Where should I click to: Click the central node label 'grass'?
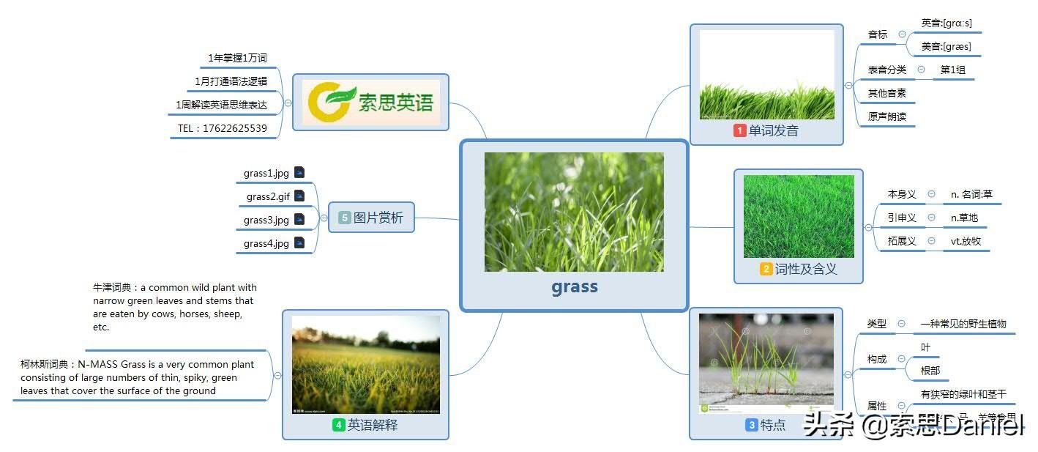point(575,286)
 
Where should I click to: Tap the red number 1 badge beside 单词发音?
point(740,130)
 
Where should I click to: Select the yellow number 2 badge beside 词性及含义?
point(766,269)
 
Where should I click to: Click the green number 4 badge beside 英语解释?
point(338,424)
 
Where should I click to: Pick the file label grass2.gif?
point(268,196)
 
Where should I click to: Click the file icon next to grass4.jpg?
point(299,242)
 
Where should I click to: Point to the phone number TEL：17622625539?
point(223,128)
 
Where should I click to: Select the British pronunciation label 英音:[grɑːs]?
point(946,23)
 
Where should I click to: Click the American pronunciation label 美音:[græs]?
point(946,47)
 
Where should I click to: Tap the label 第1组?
point(952,70)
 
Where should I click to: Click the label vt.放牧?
point(966,241)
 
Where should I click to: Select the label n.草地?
point(964,218)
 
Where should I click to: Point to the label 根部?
point(930,371)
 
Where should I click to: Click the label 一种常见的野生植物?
point(963,324)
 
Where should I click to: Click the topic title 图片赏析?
point(378,218)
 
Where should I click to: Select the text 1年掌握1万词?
point(237,58)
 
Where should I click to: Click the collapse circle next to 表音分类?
point(921,70)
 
